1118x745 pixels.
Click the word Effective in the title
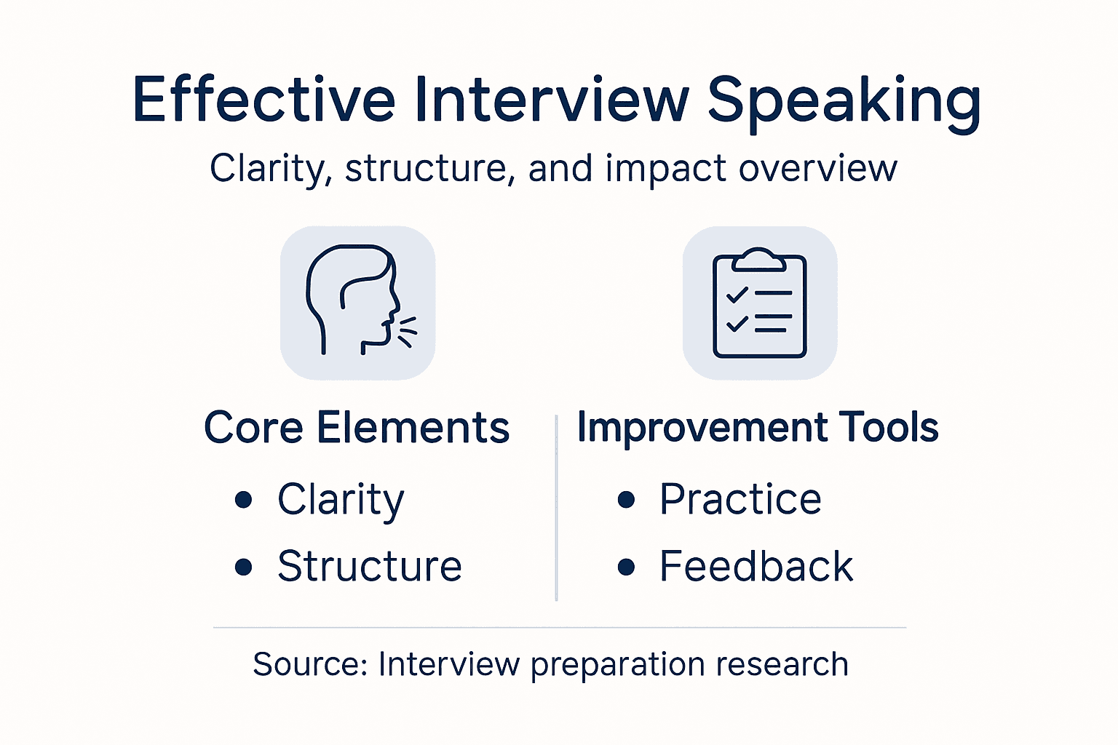point(263,100)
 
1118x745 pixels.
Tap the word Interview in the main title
point(552,100)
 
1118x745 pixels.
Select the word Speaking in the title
point(844,102)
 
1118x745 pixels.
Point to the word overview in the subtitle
point(817,169)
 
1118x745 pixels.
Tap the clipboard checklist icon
point(759,303)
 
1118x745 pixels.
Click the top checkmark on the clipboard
point(737,294)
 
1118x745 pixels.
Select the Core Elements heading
point(357,427)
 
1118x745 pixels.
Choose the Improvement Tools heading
point(758,427)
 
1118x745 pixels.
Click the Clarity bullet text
point(341,500)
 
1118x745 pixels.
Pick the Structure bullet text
point(370,566)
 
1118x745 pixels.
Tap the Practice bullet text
point(740,499)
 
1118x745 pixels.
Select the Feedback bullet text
point(756,566)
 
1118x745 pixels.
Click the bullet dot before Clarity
point(244,500)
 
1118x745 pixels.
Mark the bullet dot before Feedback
point(626,567)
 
